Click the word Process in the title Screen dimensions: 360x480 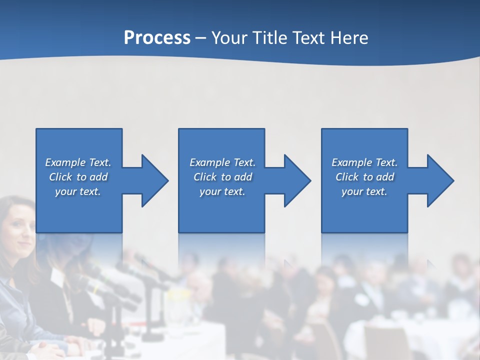[x=157, y=38]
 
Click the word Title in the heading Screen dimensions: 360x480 [x=268, y=38]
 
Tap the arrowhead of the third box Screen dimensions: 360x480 [x=442, y=180]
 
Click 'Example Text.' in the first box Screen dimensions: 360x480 [x=78, y=162]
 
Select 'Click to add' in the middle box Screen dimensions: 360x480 [x=222, y=177]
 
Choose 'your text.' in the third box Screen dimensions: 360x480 [x=364, y=191]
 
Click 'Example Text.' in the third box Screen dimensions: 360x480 [x=364, y=162]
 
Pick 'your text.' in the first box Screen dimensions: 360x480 [x=78, y=191]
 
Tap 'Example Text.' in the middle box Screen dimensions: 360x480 [x=222, y=162]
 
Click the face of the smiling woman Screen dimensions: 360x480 [x=19, y=223]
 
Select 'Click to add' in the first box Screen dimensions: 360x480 [x=78, y=177]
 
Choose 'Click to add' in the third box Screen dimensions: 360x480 [x=364, y=177]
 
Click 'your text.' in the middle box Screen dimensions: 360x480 [x=222, y=191]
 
